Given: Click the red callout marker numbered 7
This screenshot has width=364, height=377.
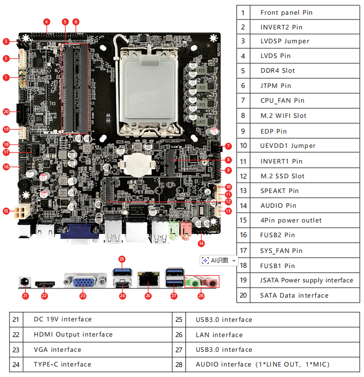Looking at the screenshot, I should tap(228, 146).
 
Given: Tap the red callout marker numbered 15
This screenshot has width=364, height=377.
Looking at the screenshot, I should tap(6, 210).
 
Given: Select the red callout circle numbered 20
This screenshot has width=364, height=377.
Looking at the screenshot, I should tap(6, 112).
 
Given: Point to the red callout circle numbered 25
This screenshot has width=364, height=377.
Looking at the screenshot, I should tap(122, 259).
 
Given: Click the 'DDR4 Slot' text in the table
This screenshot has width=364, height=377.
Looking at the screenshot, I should tap(277, 70).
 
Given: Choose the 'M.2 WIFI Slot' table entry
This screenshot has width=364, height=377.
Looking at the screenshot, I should tap(283, 116).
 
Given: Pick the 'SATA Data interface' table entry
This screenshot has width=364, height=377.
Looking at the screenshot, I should tap(294, 295).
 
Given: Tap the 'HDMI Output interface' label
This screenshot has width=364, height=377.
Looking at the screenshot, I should tap(73, 334).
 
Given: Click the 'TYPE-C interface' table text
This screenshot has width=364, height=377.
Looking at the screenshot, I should tap(62, 364).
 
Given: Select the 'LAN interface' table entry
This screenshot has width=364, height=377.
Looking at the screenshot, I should tap(219, 335).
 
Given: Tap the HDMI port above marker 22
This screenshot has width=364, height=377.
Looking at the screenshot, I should tap(44, 284).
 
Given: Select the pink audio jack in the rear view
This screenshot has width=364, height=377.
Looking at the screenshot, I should tap(210, 281).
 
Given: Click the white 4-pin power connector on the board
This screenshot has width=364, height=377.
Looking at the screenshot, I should tap(22, 210).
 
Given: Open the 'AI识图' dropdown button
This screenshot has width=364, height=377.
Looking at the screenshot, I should tap(219, 261).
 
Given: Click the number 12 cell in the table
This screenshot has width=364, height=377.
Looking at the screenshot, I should tap(243, 176).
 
